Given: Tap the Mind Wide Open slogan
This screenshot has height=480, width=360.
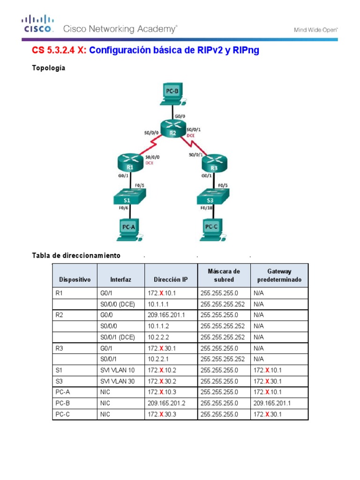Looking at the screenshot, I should coord(315,30).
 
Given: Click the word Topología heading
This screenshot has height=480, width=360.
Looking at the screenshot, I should coord(49,68).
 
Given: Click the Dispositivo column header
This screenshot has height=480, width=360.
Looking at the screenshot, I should coord(75,279).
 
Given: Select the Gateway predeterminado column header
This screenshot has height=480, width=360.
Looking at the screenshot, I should coord(279,275).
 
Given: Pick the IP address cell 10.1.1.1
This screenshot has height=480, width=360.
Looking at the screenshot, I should coord(159,304).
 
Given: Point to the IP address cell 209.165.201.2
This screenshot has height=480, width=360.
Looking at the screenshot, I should coord(166,403).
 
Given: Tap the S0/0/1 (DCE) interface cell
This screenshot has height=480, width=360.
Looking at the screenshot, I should coord(118,337).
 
